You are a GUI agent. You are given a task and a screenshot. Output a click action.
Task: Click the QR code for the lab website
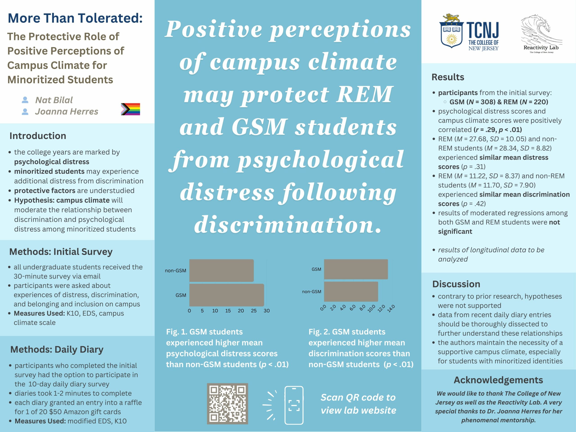pyautogui.click(x=227, y=403)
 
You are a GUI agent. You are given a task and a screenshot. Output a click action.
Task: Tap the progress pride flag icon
pyautogui.click(x=130, y=109)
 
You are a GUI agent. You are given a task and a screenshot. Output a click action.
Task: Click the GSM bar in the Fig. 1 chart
pyautogui.click(x=227, y=295)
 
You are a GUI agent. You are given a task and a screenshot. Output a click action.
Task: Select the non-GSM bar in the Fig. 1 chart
pyautogui.click(x=221, y=270)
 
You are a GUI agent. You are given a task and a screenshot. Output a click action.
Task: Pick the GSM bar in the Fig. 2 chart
pyautogui.click(x=356, y=269)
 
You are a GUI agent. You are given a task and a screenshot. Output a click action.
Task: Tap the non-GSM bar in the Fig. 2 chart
pyautogui.click(x=351, y=292)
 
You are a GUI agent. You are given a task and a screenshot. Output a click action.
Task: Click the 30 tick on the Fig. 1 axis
pyautogui.click(x=267, y=311)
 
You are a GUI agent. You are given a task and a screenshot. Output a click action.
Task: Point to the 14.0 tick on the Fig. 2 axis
pyautogui.click(x=391, y=308)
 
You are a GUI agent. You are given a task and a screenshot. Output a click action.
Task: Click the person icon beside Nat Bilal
pyautogui.click(x=25, y=100)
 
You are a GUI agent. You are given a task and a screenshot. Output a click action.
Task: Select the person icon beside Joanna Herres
pyautogui.click(x=25, y=112)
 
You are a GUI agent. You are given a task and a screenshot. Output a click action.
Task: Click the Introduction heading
pyautogui.click(x=38, y=136)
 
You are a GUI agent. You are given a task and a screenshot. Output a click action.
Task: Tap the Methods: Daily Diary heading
pyautogui.click(x=57, y=349)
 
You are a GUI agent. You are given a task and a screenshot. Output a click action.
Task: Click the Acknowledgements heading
pyautogui.click(x=498, y=380)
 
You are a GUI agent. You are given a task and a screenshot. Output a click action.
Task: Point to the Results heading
pyautogui.click(x=448, y=77)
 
